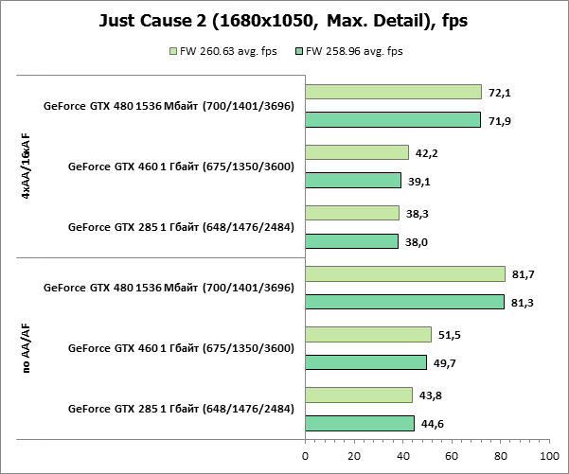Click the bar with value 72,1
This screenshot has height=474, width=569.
pos(393,92)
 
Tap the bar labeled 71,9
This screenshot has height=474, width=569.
pos(393,120)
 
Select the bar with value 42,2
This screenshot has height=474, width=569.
pos(357,152)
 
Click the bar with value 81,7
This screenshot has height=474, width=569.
pos(404,273)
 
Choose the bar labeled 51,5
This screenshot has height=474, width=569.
pos(368,334)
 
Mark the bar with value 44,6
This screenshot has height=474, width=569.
pos(360,423)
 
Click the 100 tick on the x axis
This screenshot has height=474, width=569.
pos(547,455)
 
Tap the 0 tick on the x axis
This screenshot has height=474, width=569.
pos(305,455)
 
